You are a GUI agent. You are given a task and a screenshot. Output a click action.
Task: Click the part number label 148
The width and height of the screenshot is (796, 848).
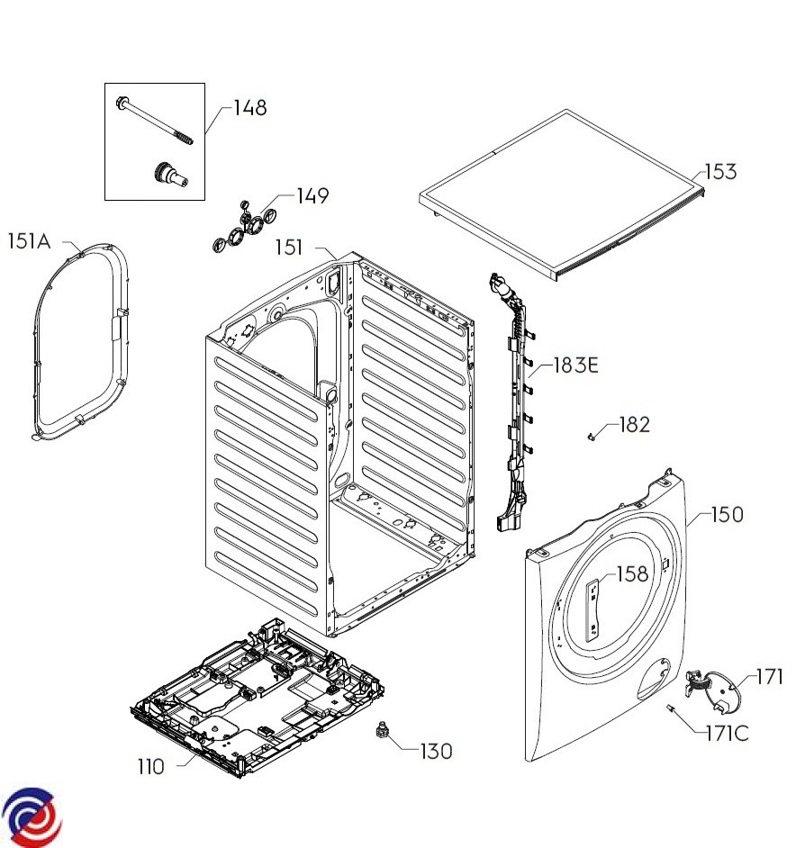pos(249,108)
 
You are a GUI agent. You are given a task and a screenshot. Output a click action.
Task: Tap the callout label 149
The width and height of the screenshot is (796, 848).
pos(312,196)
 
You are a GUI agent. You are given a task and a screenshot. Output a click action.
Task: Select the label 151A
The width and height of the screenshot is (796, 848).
pos(31,240)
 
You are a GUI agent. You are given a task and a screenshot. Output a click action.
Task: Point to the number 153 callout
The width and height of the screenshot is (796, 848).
pos(720,171)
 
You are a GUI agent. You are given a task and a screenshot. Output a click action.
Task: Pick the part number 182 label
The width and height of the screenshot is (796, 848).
pos(634,424)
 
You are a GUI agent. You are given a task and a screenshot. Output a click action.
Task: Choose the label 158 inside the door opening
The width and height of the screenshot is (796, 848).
pos(631,573)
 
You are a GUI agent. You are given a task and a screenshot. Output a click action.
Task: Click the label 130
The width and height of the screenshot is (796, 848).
pos(437,750)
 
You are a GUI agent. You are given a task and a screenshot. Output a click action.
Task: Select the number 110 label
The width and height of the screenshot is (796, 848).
pos(150,767)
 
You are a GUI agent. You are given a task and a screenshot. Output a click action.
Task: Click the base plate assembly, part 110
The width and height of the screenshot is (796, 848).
pos(257,693)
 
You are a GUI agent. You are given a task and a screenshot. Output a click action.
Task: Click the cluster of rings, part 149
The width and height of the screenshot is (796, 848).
pos(243,228)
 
